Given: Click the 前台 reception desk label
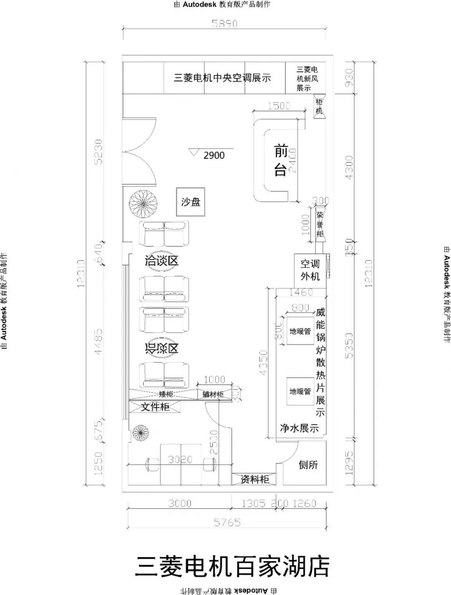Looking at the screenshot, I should coord(281,160).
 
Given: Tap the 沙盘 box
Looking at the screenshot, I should coord(190,202).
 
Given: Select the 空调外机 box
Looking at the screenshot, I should coord(310,270).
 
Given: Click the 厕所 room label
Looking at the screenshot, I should coord(308,465).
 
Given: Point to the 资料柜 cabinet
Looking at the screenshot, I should coord(254,479).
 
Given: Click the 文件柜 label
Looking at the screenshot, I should coord(155,407).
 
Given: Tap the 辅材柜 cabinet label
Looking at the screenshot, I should coord(213,394).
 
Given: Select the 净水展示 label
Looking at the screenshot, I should coord(299,428).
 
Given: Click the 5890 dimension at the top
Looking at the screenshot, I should coord(224,24).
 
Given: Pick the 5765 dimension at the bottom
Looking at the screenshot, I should coord(227,522).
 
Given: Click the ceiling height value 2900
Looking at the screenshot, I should coord(214,155).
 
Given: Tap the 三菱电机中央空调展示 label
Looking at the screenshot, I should coord(222,78).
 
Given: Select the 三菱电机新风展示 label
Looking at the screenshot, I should coord(307,79).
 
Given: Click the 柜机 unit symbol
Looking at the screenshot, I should coord(319,107).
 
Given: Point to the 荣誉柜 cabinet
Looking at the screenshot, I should coord(320,224).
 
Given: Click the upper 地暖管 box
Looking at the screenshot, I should coord(300,331).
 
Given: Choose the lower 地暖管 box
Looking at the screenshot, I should coord(300,392).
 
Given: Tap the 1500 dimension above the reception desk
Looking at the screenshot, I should coord(279,106).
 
